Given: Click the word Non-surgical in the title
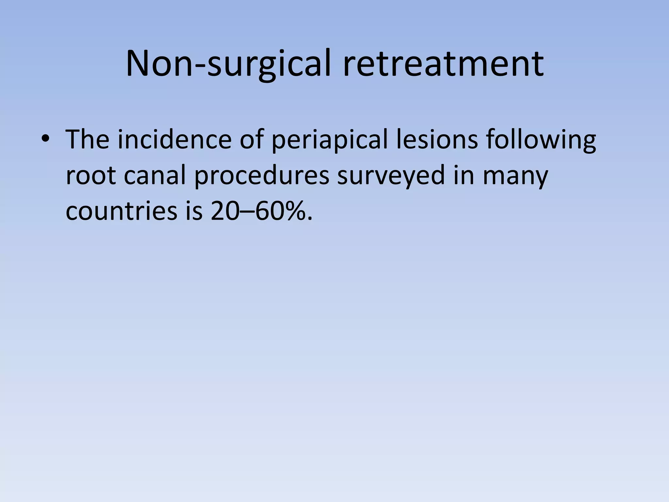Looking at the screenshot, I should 230,64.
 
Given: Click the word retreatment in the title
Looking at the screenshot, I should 443,64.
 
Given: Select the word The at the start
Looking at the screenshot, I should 87,140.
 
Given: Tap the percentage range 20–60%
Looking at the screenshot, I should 261,211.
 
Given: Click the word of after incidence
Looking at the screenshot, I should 252,140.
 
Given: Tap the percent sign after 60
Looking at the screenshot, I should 294,211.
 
